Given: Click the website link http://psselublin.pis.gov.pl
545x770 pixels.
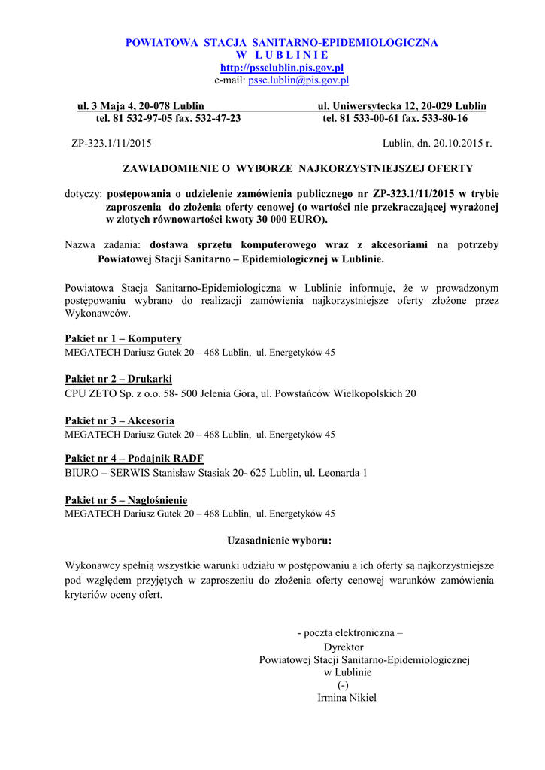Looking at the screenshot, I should click(282, 68).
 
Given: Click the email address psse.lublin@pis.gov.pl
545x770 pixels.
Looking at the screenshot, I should click(298, 80).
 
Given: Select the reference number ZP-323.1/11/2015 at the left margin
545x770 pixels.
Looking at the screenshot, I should click(111, 143).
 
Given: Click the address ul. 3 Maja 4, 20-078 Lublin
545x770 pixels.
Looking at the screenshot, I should click(141, 106).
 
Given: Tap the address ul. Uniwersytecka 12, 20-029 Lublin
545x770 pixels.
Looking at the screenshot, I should click(402, 106).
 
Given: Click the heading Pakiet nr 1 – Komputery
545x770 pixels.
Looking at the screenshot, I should click(123, 339).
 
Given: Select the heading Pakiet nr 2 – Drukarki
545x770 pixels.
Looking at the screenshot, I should click(119, 380).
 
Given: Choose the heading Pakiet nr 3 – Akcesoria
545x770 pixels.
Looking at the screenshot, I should click(120, 421).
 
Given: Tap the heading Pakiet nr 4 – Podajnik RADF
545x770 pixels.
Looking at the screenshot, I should click(135, 459).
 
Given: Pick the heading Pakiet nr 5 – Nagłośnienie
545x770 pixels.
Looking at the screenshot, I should click(126, 500).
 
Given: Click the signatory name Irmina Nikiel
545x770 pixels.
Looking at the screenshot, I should click(347, 697).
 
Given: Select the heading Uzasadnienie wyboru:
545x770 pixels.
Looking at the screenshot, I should click(280, 540).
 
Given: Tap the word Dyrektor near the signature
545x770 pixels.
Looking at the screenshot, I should click(344, 647).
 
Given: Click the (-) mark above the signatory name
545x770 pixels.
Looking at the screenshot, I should click(343, 685).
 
